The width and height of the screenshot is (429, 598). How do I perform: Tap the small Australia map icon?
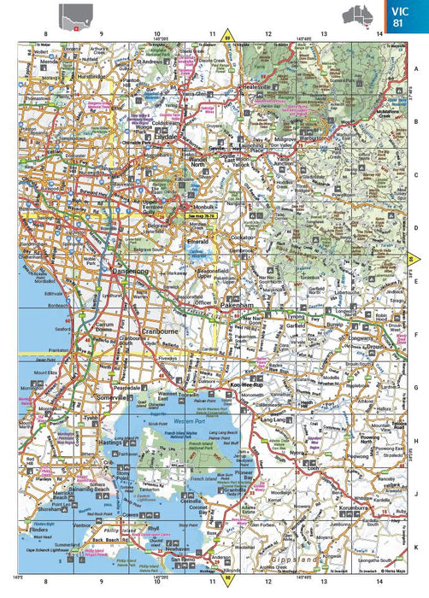(356, 15)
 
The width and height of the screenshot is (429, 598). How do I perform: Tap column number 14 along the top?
(379, 33)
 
